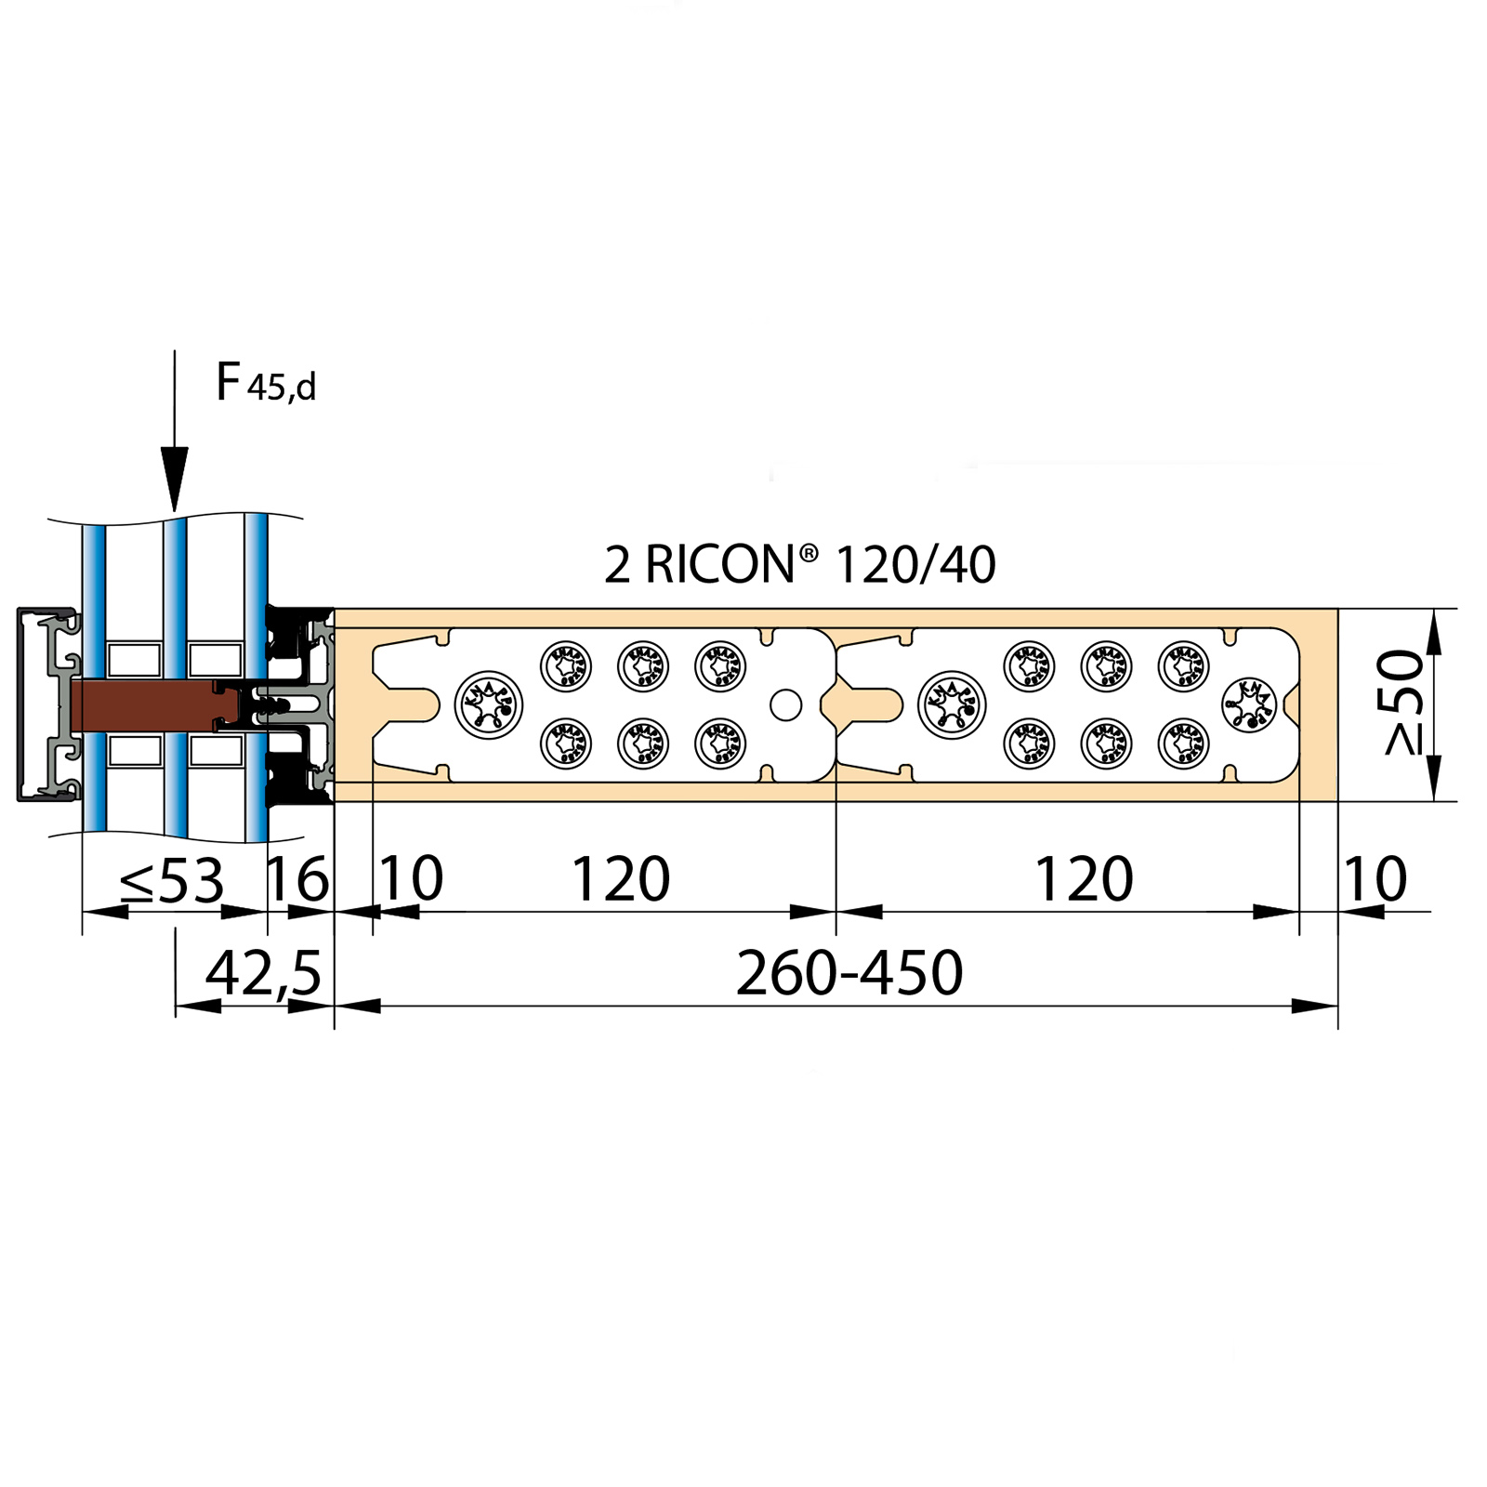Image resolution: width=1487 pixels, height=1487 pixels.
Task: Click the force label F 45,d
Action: click(x=265, y=383)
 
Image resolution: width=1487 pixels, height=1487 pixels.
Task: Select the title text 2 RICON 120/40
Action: click(x=799, y=564)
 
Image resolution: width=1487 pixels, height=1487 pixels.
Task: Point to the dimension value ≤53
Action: click(x=173, y=880)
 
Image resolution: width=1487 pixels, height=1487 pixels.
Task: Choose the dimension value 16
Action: click(x=297, y=879)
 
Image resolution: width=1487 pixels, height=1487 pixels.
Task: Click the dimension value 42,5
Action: click(x=263, y=973)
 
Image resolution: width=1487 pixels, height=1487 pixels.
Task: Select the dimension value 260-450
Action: click(x=849, y=973)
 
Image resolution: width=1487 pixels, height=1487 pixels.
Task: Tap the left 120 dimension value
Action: click(x=620, y=879)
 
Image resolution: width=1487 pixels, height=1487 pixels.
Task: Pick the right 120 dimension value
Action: click(x=1084, y=879)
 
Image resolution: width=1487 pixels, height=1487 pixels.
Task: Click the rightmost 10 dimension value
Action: click(x=1375, y=879)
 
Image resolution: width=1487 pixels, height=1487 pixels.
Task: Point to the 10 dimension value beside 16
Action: click(x=411, y=879)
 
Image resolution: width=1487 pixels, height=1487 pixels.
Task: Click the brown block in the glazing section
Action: click(x=144, y=704)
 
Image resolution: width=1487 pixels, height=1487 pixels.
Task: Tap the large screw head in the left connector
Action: click(x=489, y=704)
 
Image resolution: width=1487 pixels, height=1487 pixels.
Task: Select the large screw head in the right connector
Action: click(x=952, y=704)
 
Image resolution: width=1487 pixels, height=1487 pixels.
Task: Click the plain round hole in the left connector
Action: click(x=785, y=704)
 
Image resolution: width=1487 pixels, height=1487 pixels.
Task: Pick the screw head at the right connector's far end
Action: click(x=1248, y=704)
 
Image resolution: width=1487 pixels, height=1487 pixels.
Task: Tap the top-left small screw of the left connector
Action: click(x=566, y=665)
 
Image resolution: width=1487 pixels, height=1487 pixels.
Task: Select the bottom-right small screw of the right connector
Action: click(x=1183, y=743)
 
